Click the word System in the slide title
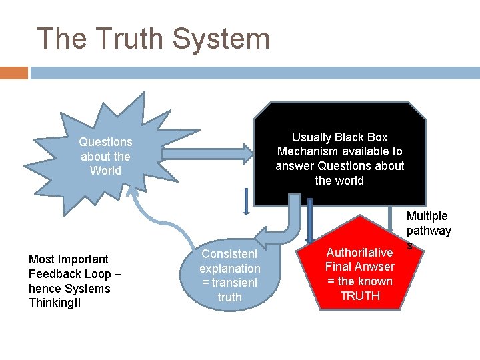pyautogui.click(x=221, y=39)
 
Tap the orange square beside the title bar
pyautogui.click(x=14, y=73)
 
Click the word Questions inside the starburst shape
pyautogui.click(x=105, y=141)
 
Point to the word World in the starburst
pyautogui.click(x=105, y=171)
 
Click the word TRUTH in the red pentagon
pyautogui.click(x=360, y=296)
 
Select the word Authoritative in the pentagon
pyautogui.click(x=359, y=253)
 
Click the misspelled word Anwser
pyautogui.click(x=377, y=267)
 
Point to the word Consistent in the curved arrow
pyautogui.click(x=229, y=254)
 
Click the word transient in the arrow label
pyautogui.click(x=234, y=283)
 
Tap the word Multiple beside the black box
pyautogui.click(x=427, y=216)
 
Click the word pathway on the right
pyautogui.click(x=429, y=231)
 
